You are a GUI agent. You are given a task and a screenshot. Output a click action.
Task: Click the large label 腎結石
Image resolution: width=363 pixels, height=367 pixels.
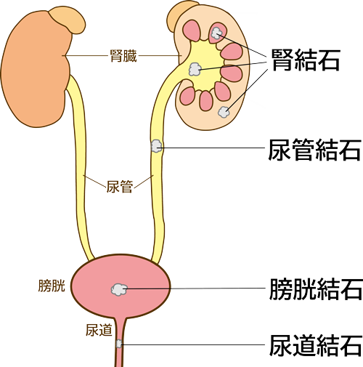tap(306, 60)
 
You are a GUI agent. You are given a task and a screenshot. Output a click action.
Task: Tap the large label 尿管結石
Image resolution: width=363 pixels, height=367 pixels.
tap(314, 150)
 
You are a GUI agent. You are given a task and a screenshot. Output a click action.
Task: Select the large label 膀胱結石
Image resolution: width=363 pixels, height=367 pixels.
tap(316, 289)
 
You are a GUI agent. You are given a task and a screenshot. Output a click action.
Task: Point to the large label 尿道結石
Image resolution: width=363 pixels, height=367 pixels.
tap(316, 345)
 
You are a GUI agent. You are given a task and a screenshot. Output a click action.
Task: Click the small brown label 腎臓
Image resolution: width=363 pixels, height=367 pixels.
tap(123, 56)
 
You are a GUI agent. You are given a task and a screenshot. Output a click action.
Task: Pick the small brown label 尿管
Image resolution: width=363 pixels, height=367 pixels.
tap(120, 186)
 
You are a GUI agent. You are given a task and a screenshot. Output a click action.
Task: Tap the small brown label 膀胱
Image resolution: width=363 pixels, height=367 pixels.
tap(52, 286)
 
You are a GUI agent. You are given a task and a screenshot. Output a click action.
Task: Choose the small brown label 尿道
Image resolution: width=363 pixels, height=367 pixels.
tap(99, 330)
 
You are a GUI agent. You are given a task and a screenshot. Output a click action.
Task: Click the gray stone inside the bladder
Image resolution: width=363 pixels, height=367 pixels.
tap(119, 289)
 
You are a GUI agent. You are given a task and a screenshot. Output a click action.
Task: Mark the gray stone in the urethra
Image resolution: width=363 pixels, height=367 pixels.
tap(118, 344)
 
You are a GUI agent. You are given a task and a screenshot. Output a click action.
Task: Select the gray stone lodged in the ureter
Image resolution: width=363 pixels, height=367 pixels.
tap(156, 146)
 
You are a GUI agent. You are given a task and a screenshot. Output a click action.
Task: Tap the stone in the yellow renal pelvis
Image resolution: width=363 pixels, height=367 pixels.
tap(195, 69)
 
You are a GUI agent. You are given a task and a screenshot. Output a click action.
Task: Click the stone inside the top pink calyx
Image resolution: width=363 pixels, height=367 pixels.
tap(216, 33)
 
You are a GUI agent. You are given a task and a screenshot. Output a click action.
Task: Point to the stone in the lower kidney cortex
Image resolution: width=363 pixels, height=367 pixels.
tap(224, 112)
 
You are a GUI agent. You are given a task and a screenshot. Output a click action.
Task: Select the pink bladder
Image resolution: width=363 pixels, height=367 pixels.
tap(121, 286)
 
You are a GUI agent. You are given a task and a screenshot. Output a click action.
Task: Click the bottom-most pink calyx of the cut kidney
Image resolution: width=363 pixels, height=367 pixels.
tap(206, 101)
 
